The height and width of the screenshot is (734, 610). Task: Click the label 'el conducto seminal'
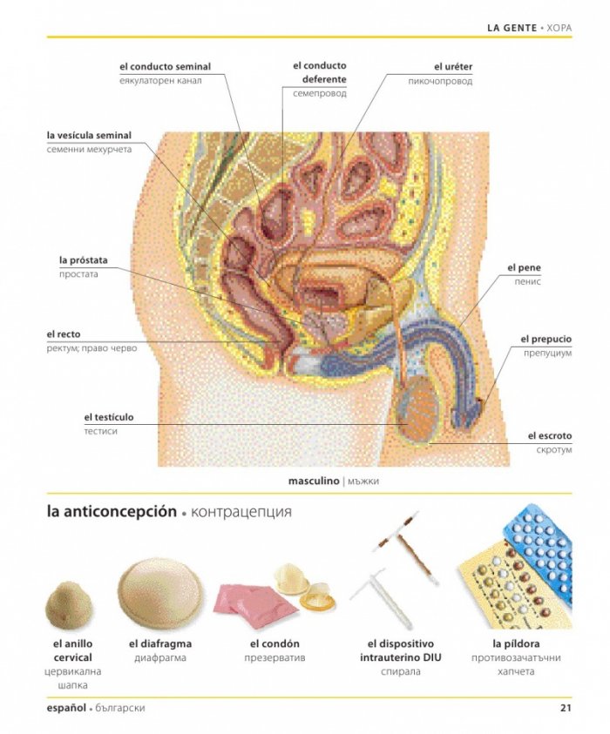tap(165, 66)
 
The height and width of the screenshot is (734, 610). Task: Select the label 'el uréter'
tap(453, 67)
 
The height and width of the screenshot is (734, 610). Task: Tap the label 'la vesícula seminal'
tap(89, 135)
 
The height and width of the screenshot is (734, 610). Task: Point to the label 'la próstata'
tap(84, 259)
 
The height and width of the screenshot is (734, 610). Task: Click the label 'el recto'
tap(64, 334)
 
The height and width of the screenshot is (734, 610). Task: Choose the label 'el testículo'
tap(109, 417)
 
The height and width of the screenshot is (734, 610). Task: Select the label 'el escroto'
tap(550, 436)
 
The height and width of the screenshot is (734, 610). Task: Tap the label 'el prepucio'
tap(546, 339)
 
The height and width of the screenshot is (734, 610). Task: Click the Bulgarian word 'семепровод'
tap(320, 94)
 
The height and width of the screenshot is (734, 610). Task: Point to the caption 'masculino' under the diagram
tap(314, 481)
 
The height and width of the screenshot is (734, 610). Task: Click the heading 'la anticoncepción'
tap(112, 511)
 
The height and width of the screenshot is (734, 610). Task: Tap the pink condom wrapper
tap(254, 605)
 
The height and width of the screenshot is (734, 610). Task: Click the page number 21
tap(566, 707)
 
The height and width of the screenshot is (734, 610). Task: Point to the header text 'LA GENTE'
tap(512, 28)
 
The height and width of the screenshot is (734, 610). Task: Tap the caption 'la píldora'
tap(516, 643)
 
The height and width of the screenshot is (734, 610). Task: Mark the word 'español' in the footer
tap(66, 708)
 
